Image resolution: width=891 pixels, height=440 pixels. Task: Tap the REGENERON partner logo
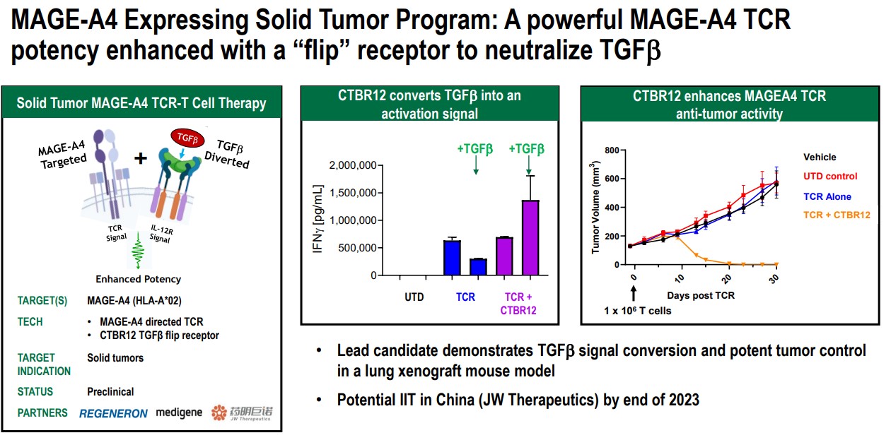tap(114, 413)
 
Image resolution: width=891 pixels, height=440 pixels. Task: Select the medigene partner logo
tap(179, 412)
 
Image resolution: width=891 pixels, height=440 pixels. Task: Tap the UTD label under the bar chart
tap(414, 297)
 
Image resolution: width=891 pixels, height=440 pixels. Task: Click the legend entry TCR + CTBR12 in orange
tap(837, 214)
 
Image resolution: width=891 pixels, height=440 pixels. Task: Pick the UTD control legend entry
tap(830, 177)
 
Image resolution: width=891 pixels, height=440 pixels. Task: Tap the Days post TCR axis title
tap(701, 295)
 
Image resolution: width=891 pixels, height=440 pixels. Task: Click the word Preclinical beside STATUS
tap(110, 391)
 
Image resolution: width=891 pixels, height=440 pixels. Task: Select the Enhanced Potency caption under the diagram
tap(139, 279)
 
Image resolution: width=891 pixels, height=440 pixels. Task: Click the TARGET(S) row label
tap(42, 301)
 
